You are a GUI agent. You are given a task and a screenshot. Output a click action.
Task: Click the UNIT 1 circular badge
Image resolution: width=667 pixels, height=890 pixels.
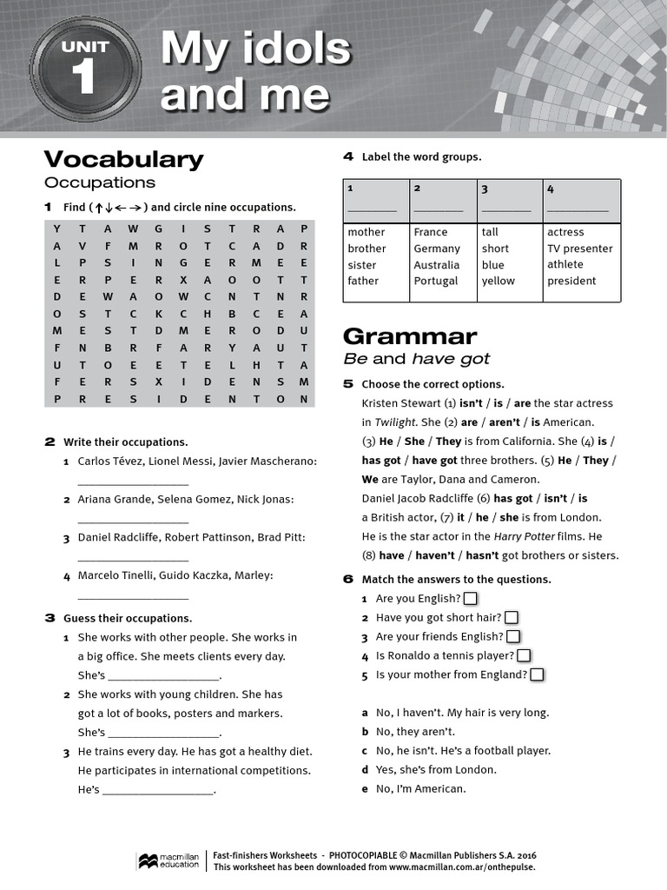click(x=84, y=70)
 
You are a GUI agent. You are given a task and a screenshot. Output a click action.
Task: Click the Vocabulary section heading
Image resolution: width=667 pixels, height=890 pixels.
click(x=123, y=159)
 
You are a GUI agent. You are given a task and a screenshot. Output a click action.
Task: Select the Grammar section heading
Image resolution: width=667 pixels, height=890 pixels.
click(x=410, y=336)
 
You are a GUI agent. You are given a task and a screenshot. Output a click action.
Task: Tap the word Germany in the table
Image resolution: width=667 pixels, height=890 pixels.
click(x=437, y=249)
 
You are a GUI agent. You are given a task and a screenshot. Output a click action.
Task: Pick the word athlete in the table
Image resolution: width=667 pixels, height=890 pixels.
click(x=565, y=264)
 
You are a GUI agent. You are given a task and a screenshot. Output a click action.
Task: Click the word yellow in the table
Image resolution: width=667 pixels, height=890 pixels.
click(x=498, y=281)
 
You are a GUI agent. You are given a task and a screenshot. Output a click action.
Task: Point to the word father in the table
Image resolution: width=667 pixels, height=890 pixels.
click(x=363, y=281)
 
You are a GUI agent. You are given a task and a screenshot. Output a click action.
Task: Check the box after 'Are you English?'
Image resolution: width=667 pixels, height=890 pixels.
click(x=470, y=598)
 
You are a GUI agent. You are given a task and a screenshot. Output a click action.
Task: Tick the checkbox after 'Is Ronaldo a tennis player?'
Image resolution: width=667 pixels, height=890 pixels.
click(x=524, y=655)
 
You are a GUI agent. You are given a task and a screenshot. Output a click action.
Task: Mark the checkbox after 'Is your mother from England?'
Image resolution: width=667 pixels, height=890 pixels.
click(x=537, y=674)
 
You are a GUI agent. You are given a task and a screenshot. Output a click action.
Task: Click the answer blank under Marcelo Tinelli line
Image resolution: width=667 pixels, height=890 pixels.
click(x=133, y=597)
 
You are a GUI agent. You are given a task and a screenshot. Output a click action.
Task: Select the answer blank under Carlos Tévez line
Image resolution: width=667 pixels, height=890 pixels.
click(x=133, y=482)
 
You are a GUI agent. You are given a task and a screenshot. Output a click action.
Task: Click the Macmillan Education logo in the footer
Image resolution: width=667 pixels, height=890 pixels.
click(x=168, y=860)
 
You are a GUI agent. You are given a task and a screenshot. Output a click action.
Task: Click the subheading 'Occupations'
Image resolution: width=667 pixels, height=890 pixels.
click(x=100, y=183)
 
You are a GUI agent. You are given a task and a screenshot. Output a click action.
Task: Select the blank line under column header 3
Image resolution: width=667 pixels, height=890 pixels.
click(x=505, y=209)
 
